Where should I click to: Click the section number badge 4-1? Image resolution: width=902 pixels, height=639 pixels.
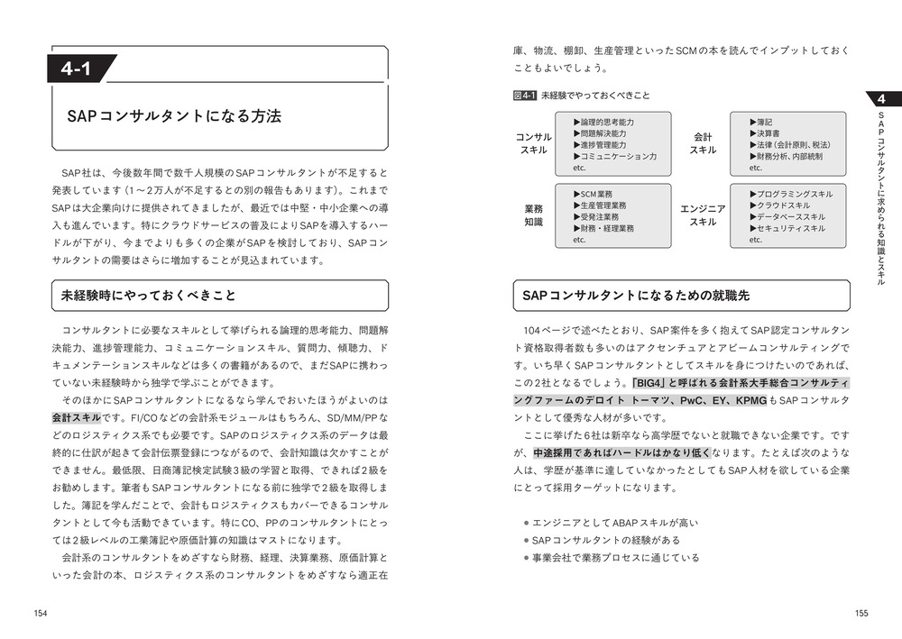click(82, 68)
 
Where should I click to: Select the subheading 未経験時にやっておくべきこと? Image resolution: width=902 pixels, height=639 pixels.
click(148, 296)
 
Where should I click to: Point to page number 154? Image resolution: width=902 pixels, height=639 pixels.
click(41, 613)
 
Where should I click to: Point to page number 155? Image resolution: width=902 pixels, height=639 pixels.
click(861, 613)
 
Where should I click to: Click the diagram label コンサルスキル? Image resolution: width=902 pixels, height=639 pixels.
click(534, 143)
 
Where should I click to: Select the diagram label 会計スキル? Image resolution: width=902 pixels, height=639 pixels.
click(703, 143)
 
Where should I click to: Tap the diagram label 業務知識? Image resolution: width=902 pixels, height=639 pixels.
click(534, 215)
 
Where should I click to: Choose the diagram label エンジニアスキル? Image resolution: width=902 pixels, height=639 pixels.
click(703, 215)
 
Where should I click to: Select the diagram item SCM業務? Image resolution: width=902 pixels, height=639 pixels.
click(596, 194)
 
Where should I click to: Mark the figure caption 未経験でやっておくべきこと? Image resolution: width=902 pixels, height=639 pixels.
click(595, 95)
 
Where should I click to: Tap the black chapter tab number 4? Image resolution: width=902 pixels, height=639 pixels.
click(882, 98)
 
